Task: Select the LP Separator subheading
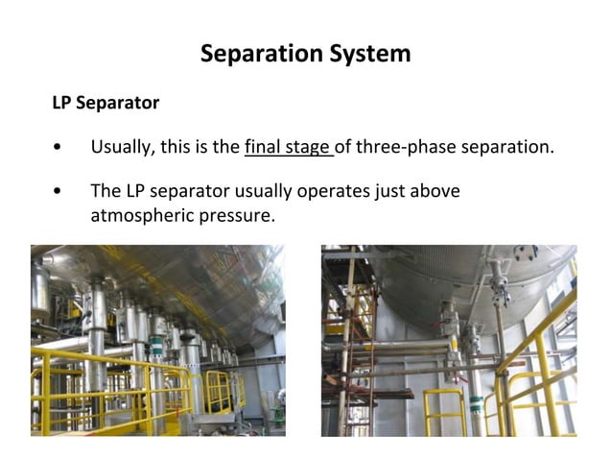tap(106, 102)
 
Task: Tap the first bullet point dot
tap(59, 148)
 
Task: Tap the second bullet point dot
tap(59, 192)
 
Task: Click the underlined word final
tap(264, 147)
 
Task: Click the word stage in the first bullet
tap(308, 147)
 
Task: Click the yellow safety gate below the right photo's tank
tap(443, 413)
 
